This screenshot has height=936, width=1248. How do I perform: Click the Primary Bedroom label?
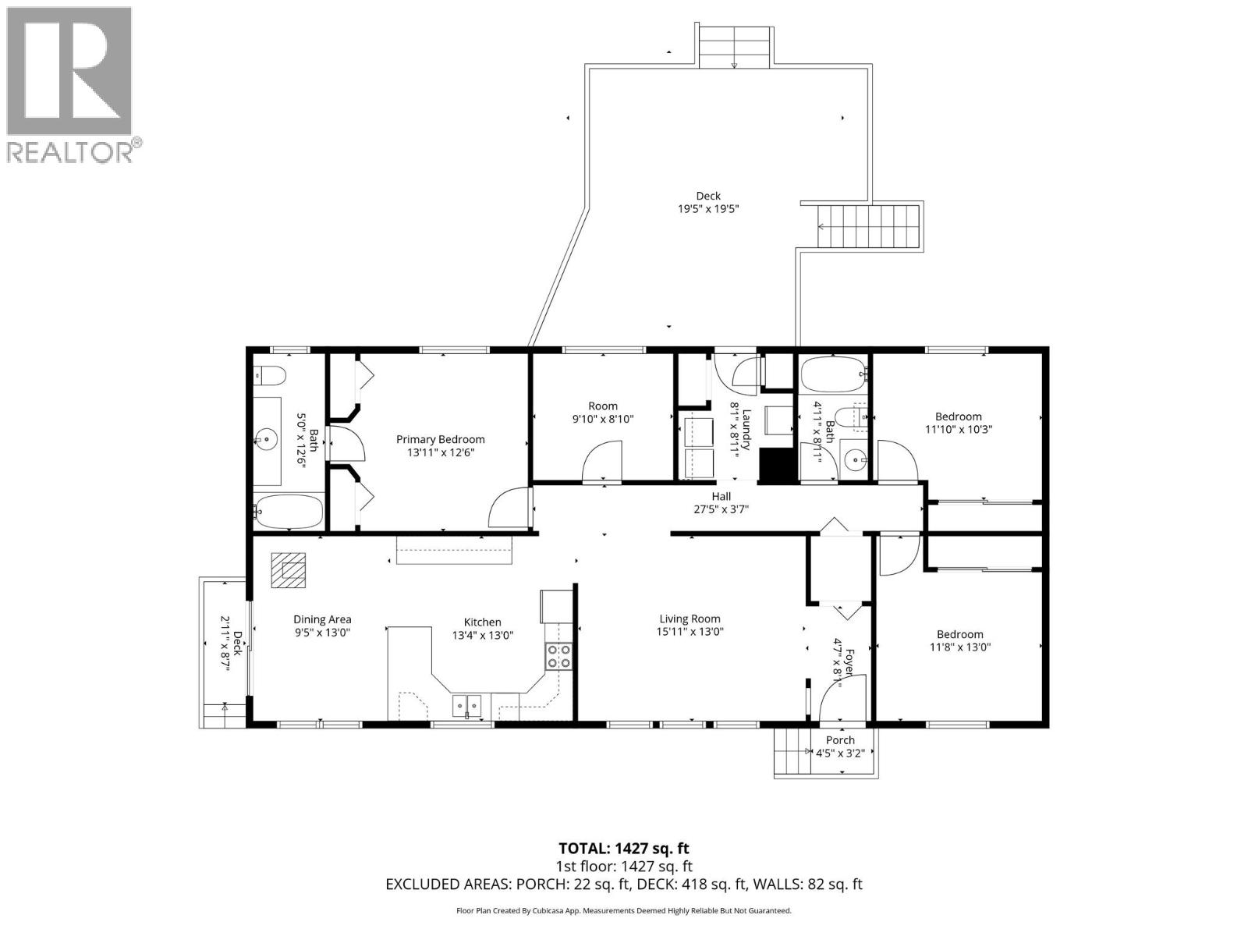[x=440, y=439]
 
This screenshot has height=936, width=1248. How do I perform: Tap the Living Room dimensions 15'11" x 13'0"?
[x=690, y=632]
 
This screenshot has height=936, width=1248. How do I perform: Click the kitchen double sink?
[x=467, y=706]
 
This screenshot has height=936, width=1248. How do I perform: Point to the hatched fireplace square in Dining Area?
[x=289, y=570]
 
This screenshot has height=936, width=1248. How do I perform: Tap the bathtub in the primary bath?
[x=288, y=511]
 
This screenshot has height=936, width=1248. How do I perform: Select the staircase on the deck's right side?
[x=868, y=226]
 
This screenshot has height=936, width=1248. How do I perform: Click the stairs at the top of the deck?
[x=734, y=46]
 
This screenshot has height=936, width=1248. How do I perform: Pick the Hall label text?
[x=721, y=496]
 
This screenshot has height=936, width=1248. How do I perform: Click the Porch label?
[x=840, y=739]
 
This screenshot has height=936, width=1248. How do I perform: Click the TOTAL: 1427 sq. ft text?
[x=623, y=849]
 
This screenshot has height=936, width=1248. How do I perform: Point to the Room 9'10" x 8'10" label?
[x=602, y=412]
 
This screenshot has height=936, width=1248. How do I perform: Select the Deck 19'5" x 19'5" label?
[x=707, y=202]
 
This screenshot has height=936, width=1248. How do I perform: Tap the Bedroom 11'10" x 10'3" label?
[x=959, y=422]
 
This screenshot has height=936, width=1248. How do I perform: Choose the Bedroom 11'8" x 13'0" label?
[x=959, y=640]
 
